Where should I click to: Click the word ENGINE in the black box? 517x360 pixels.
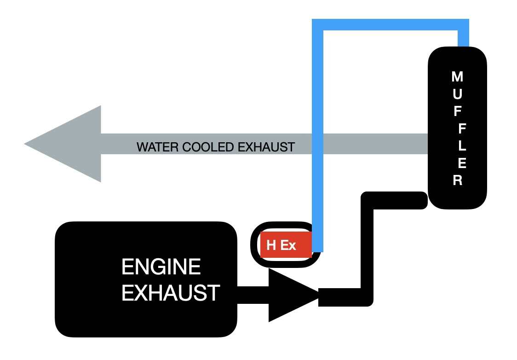click(x=161, y=267)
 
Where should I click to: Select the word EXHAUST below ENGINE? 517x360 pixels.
click(x=171, y=293)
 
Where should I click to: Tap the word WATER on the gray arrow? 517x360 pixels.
click(x=158, y=147)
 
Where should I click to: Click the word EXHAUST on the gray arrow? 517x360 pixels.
click(x=266, y=147)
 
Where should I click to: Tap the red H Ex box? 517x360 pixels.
click(x=286, y=245)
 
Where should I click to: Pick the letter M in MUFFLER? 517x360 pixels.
click(x=457, y=76)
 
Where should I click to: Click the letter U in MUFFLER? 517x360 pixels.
click(x=457, y=94)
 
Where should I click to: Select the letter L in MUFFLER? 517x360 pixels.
click(x=462, y=145)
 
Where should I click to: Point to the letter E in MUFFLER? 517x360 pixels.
click(x=462, y=163)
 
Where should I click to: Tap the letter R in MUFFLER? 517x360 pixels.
click(x=457, y=180)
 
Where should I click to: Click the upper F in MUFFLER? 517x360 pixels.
click(x=457, y=111)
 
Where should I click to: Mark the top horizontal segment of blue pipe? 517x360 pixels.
click(x=391, y=25)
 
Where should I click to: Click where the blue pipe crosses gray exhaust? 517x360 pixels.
click(x=317, y=144)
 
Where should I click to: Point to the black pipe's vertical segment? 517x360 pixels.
click(x=367, y=249)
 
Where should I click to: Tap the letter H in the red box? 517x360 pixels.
click(x=271, y=245)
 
